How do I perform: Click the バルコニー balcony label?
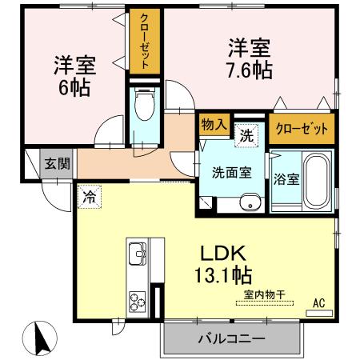pyautogui.click(x=231, y=339)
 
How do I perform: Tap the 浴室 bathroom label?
pyautogui.click(x=286, y=178)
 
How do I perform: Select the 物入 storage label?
pyautogui.click(x=214, y=125)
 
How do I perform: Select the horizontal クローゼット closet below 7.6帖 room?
pyautogui.click(x=301, y=129)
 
